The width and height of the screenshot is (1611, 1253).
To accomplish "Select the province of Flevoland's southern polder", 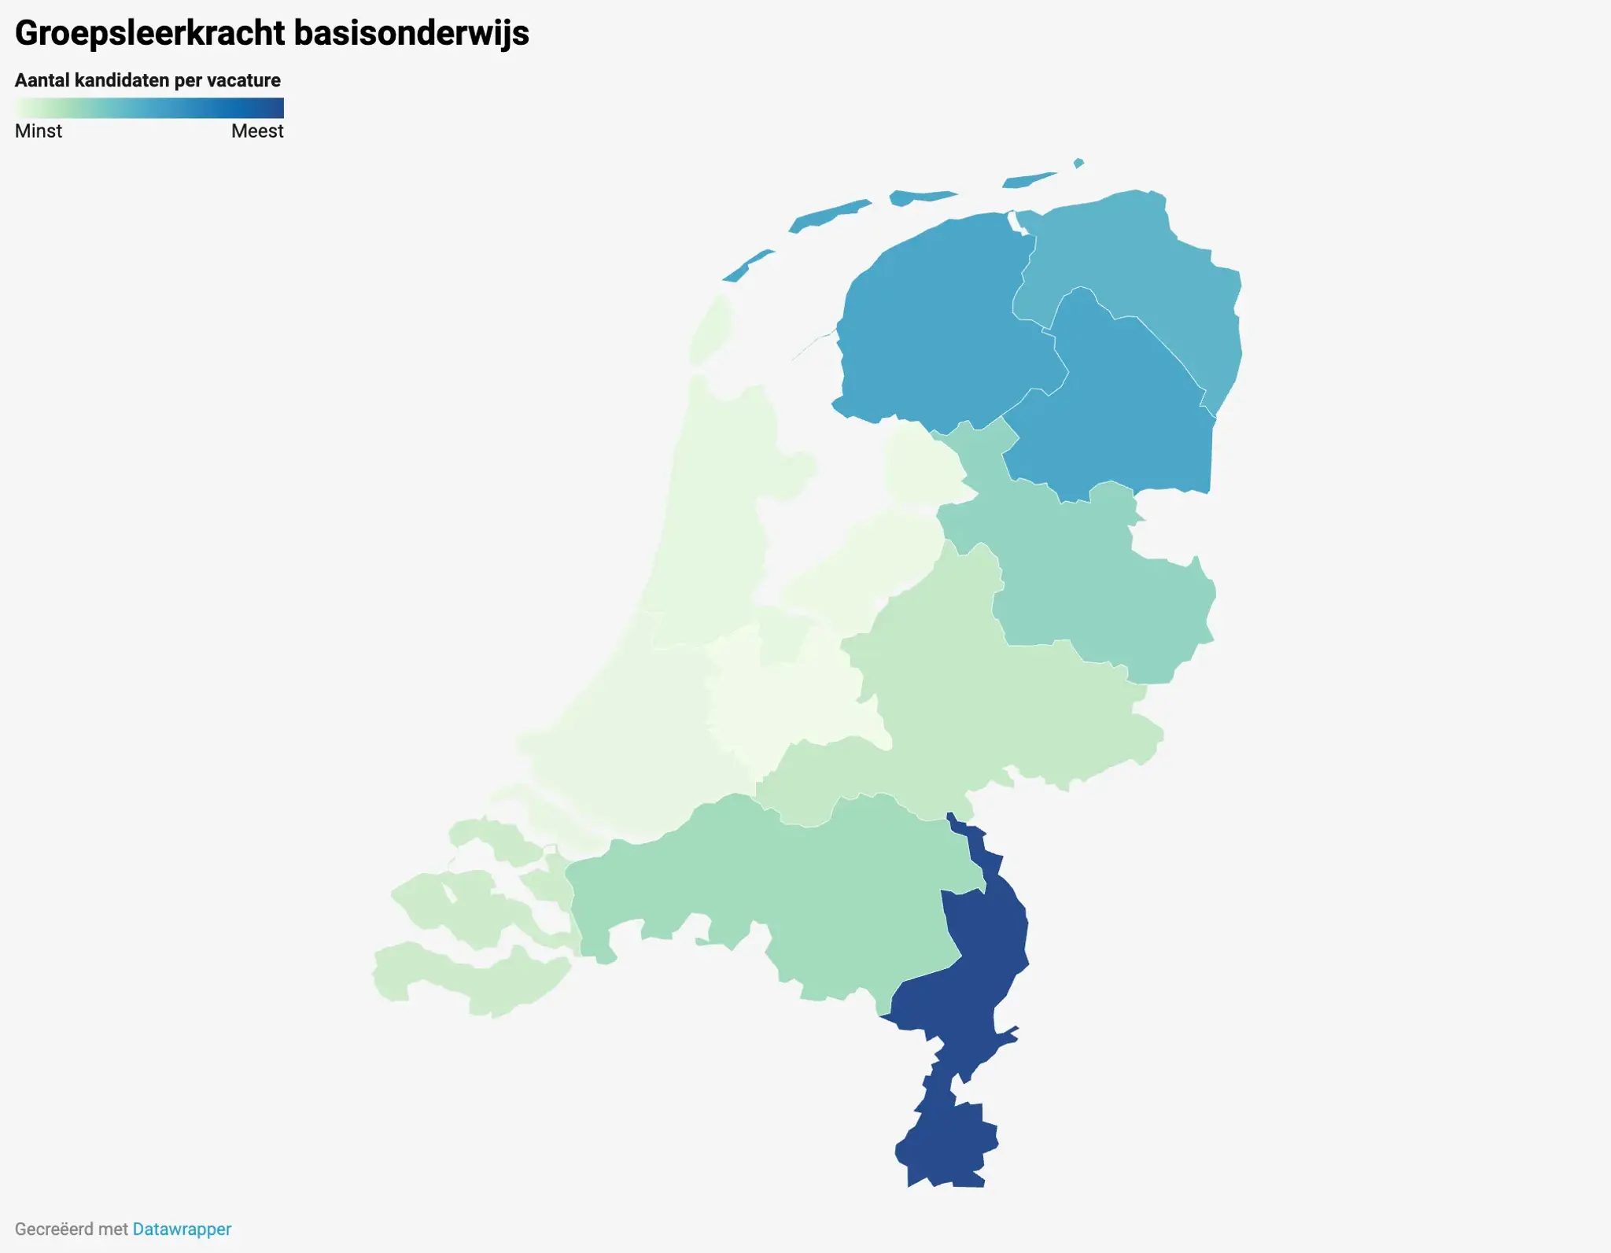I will click(x=857, y=566).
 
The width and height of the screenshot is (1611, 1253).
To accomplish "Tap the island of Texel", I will click(x=711, y=330).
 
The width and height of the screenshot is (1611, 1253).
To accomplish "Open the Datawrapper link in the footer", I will click(x=182, y=1229).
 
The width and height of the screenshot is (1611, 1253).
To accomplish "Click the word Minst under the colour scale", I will click(x=39, y=131).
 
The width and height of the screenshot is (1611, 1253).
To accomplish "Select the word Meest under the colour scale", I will click(x=257, y=131).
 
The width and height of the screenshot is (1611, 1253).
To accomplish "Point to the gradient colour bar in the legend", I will click(x=149, y=108).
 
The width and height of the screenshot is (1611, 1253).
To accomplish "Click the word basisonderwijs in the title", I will click(x=411, y=33).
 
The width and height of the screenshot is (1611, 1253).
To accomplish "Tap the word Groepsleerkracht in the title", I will click(x=149, y=33).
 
